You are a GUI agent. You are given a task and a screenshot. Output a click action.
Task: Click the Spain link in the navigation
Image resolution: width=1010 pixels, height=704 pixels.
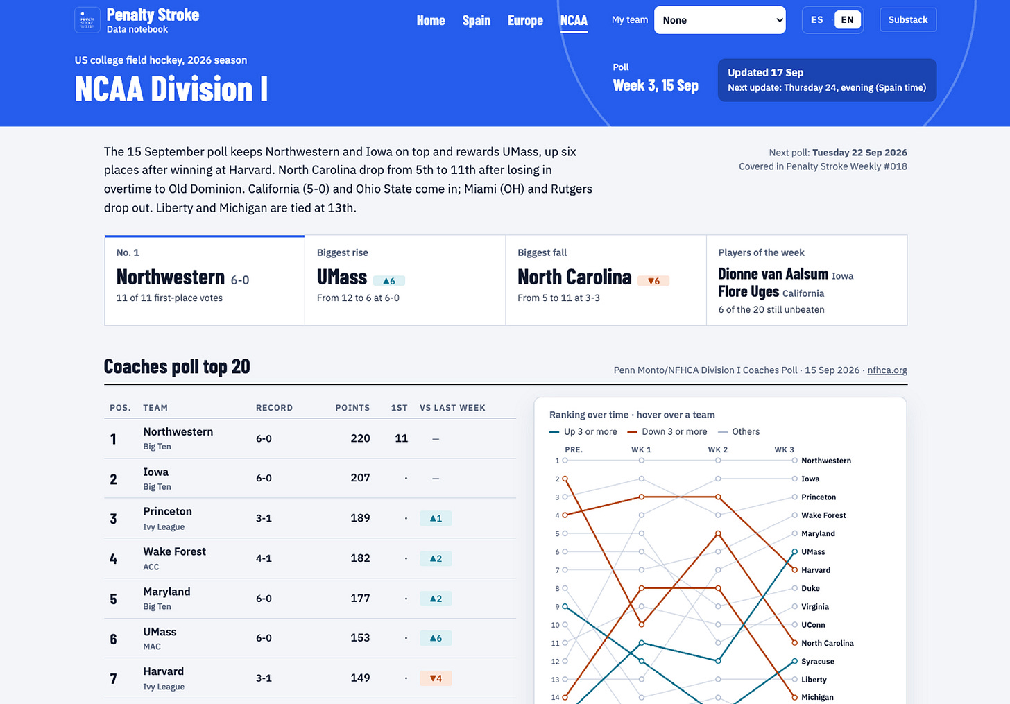476,20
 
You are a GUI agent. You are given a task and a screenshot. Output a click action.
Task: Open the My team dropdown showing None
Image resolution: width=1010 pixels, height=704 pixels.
719,20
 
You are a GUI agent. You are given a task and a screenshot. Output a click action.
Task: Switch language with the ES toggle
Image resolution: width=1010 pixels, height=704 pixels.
816,20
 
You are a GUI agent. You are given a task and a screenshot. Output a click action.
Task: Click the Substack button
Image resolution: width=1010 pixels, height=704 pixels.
907,20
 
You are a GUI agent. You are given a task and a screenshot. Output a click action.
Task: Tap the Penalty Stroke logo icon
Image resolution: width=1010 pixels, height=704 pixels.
87,20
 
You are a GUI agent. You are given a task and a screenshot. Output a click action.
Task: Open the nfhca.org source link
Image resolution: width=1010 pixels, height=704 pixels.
887,370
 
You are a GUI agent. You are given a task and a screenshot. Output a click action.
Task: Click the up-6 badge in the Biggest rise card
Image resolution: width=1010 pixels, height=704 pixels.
388,281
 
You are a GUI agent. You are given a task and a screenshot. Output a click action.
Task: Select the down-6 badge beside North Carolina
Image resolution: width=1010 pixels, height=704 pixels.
653,281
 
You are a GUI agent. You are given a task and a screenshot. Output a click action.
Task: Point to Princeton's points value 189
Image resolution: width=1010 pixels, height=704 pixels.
360,518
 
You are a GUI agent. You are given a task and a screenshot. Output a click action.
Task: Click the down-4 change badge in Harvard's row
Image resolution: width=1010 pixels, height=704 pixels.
436,678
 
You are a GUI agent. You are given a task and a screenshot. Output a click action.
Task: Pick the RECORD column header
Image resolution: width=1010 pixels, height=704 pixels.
274,408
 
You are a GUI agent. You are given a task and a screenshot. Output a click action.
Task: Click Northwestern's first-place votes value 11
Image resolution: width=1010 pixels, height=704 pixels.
401,438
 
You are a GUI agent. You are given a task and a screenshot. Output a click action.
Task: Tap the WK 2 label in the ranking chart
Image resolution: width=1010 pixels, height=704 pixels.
718,450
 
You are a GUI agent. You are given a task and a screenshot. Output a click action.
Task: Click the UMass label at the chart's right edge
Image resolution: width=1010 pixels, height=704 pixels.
813,551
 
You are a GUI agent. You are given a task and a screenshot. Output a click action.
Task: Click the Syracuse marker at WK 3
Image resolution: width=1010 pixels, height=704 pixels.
794,661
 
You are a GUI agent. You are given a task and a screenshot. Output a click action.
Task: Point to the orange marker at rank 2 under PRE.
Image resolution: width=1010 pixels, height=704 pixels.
565,479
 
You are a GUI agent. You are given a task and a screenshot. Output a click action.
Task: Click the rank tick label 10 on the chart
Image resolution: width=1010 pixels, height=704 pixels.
555,625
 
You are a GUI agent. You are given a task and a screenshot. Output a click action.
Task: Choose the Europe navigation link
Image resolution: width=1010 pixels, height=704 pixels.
525,20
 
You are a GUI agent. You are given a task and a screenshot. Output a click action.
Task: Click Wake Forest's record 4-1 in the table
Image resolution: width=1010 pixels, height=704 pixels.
264,558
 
